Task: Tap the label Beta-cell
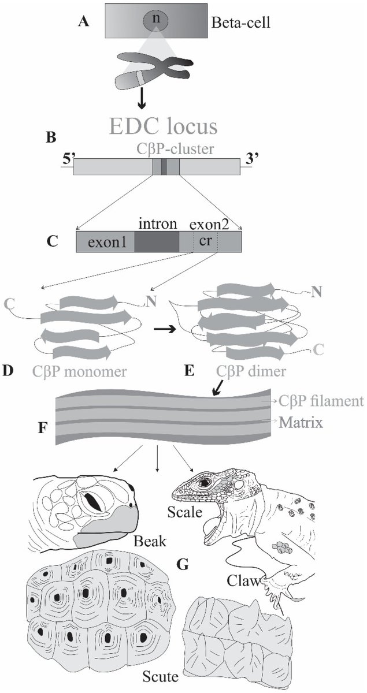[x=237, y=24]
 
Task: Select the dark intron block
[x=157, y=243]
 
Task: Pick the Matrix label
[x=301, y=423]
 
